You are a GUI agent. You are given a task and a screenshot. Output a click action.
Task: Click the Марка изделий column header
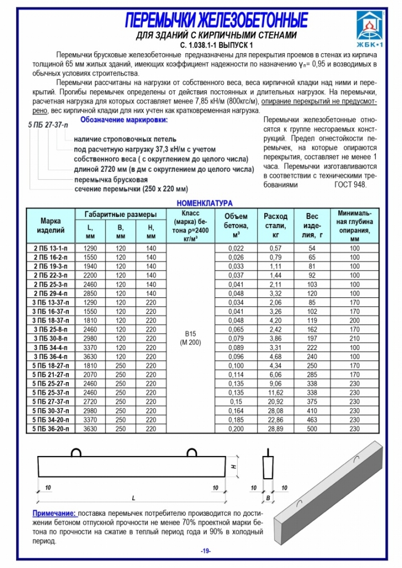click(x=51, y=225)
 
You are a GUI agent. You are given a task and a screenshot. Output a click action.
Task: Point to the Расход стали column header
click(x=275, y=225)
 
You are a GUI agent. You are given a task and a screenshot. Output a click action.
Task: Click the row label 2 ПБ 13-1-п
click(x=51, y=248)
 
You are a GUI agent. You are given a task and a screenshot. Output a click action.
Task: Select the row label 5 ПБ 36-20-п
click(x=51, y=429)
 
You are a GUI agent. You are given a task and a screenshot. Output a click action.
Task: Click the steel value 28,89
click(x=275, y=429)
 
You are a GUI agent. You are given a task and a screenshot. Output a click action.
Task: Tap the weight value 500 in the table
click(x=312, y=429)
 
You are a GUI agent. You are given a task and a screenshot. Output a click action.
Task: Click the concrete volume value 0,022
click(x=237, y=248)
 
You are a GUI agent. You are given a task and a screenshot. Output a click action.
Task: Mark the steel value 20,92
click(x=275, y=402)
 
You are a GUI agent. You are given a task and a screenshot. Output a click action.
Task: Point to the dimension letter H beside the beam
click(x=235, y=466)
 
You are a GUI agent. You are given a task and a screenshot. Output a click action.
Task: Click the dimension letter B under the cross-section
click(x=268, y=499)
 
